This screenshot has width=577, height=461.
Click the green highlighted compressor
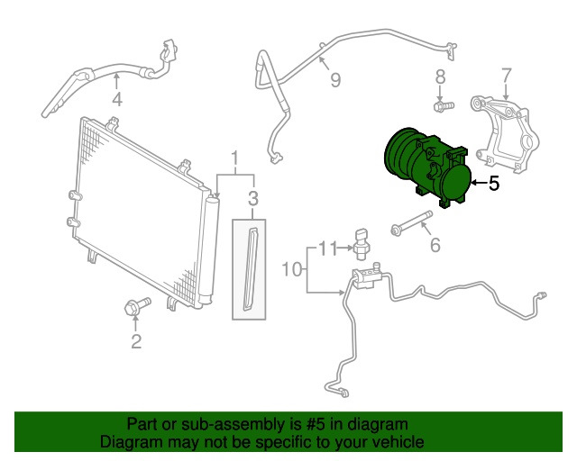pos(427,167)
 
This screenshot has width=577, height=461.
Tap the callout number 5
pos(494,183)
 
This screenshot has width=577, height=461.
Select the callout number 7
pos(507,76)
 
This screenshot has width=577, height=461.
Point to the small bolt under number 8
pos(444,106)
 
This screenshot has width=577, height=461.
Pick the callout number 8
pos(440,77)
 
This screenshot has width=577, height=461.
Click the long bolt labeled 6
pos(411,222)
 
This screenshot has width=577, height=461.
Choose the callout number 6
pos(435,245)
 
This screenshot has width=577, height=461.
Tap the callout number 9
pos(335,80)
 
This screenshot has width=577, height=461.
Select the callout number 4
pos(117,99)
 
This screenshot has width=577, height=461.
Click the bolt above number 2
pos(138,306)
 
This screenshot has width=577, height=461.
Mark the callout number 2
pos(136,341)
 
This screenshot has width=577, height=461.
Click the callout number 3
pos(253,199)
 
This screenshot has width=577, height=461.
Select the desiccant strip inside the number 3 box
pos(251,269)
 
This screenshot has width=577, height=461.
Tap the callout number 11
pos(327,249)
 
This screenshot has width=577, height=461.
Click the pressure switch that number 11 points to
pos(362,244)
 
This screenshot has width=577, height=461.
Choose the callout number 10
pos(292,269)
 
